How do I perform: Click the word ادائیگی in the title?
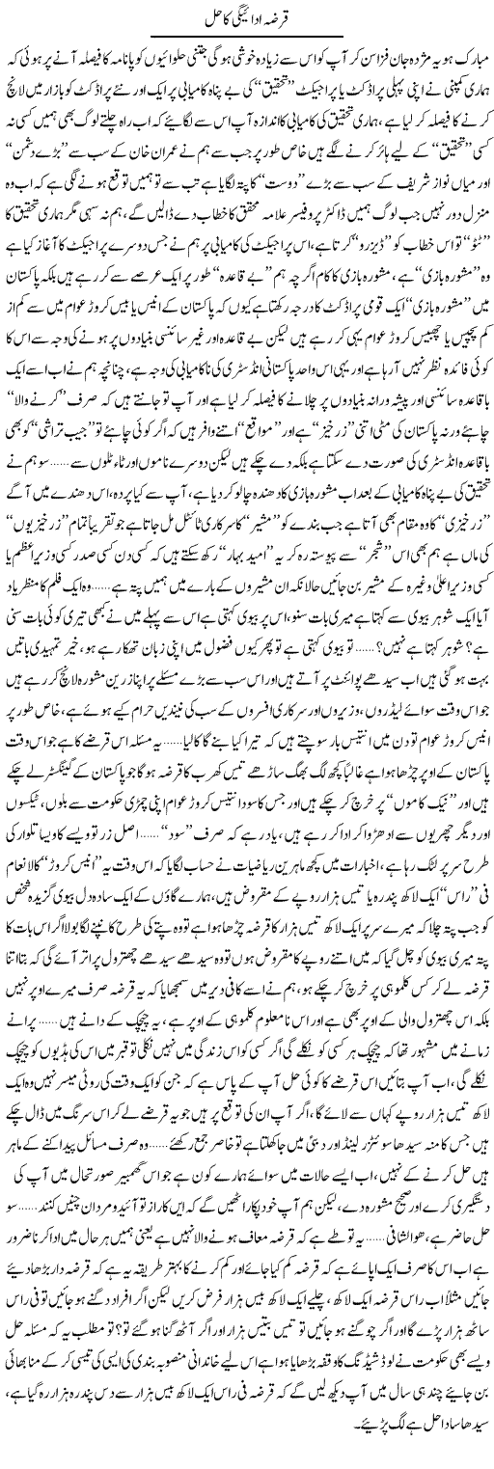[249, 15]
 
